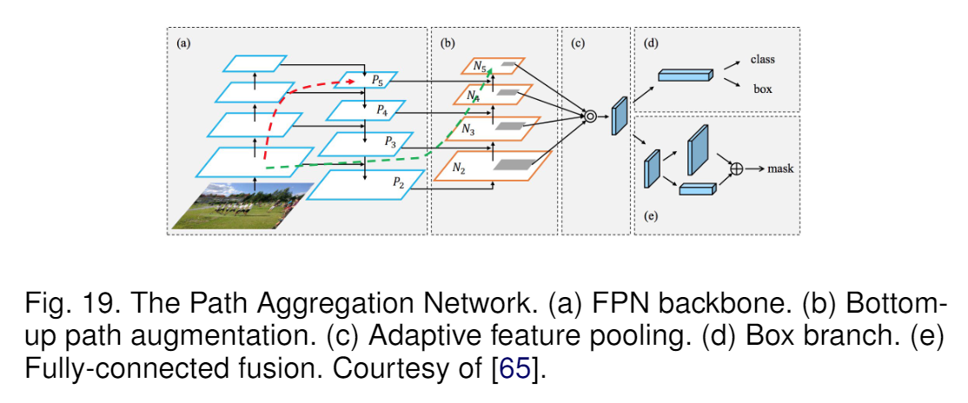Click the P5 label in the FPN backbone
[x=378, y=80]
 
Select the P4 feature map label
[x=382, y=110]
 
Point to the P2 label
[x=398, y=182]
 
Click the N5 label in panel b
[x=480, y=65]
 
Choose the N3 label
[x=468, y=130]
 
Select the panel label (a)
[x=183, y=42]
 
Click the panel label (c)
[x=578, y=42]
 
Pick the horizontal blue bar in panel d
[x=686, y=76]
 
